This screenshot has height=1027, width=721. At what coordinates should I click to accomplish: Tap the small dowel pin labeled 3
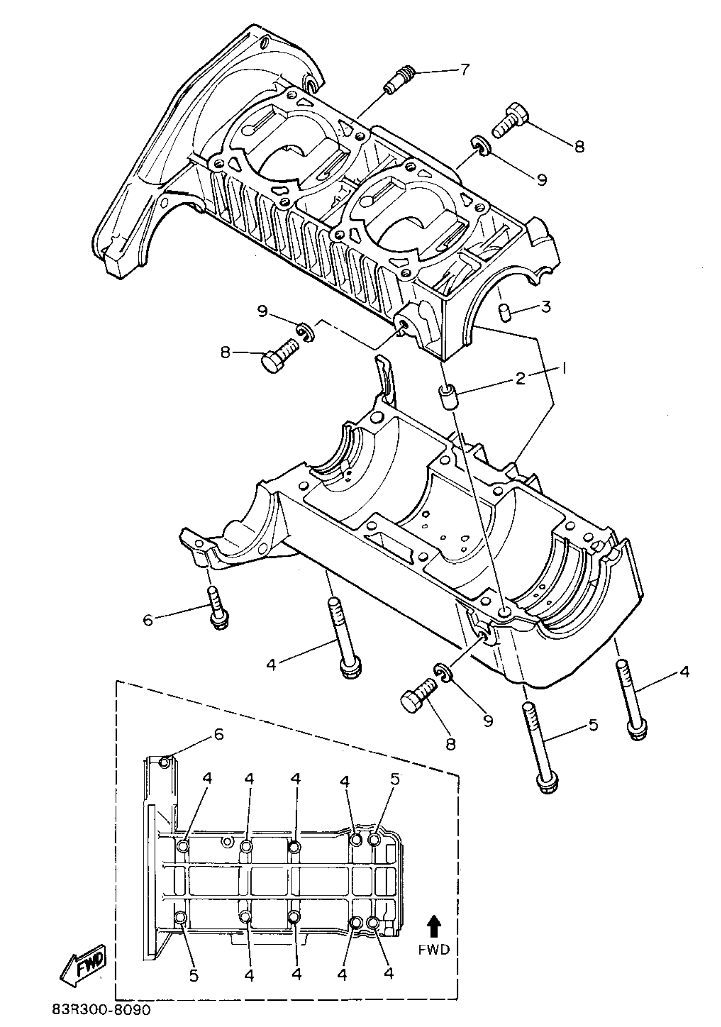coord(505,311)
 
